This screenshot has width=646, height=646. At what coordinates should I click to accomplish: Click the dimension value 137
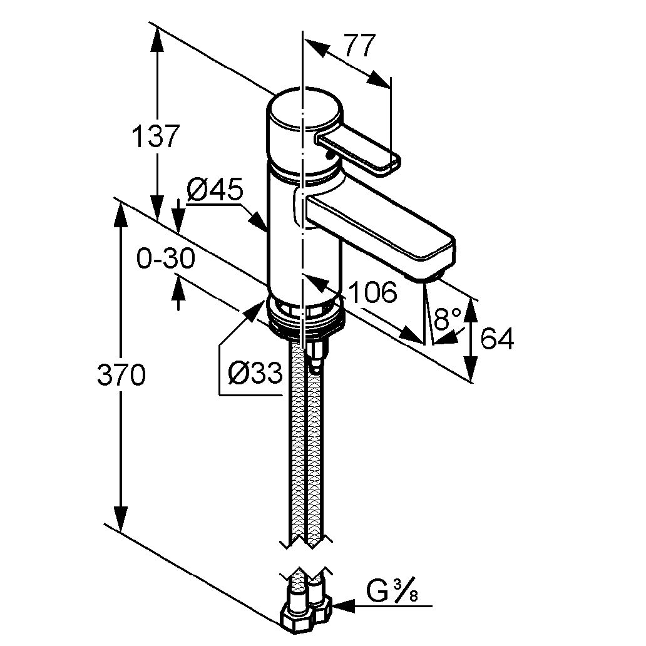[x=156, y=136]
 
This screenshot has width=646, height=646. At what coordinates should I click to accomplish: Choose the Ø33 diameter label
[x=255, y=374]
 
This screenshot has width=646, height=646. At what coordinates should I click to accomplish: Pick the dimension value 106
[x=372, y=292]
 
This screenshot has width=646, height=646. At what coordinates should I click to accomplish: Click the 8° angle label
[x=448, y=320]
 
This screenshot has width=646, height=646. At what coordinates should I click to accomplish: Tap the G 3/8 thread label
[x=392, y=590]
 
